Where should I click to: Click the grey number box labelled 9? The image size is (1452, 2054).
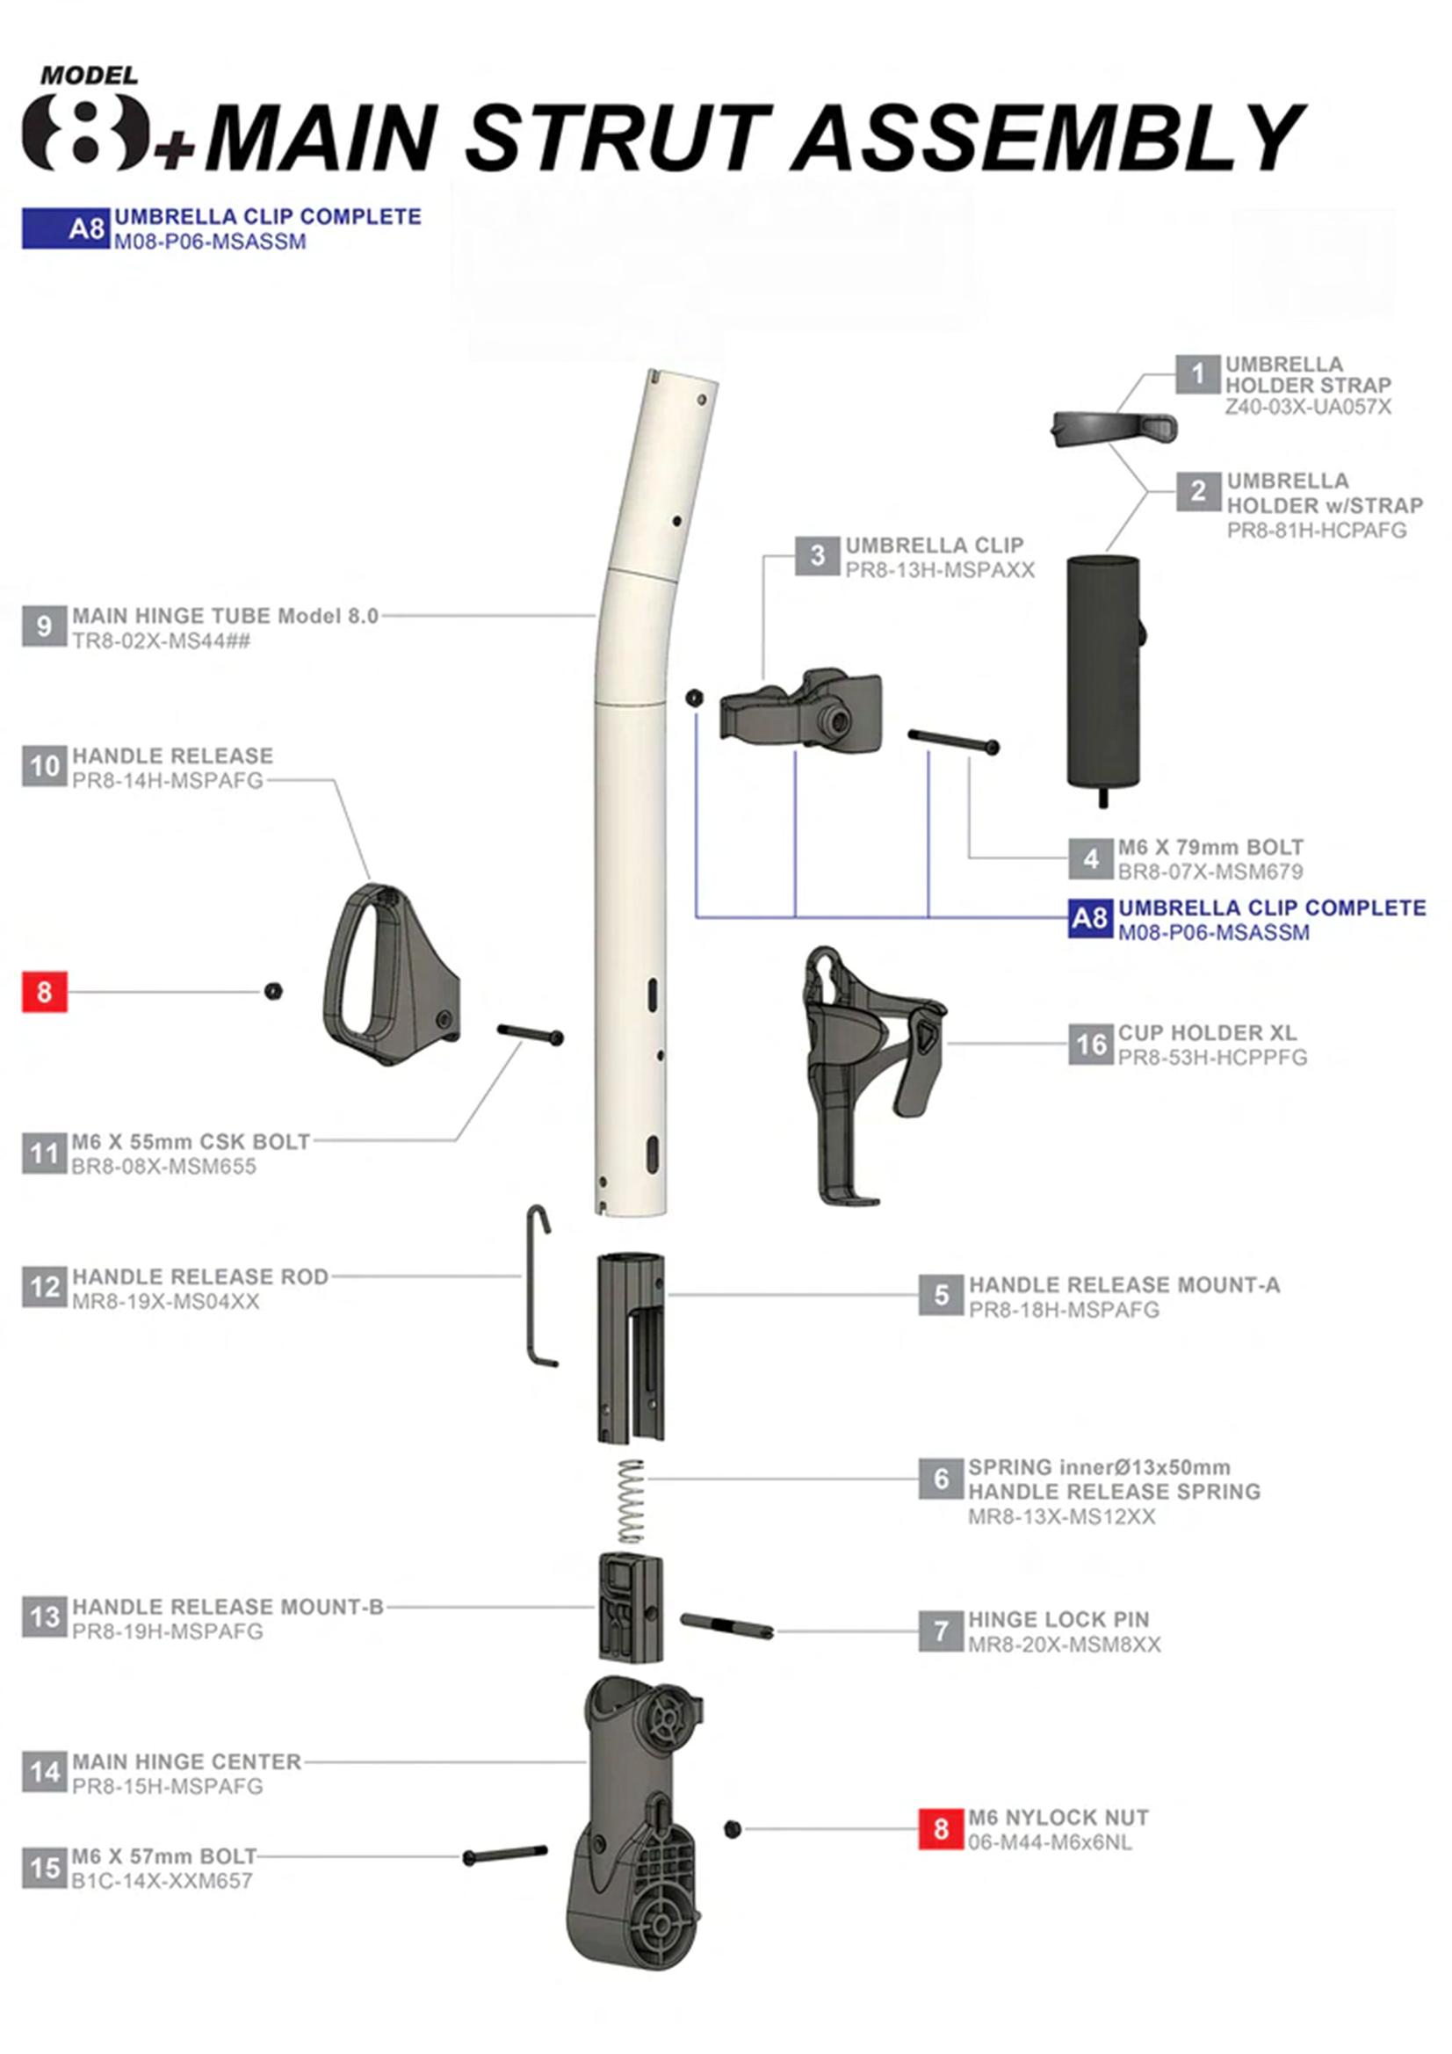tap(44, 626)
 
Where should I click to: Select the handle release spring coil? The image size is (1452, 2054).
tap(632, 1502)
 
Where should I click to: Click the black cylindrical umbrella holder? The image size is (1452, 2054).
tap(1103, 667)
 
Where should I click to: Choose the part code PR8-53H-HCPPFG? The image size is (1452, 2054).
tap(1212, 1058)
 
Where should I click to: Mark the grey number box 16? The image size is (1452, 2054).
tap(1091, 1044)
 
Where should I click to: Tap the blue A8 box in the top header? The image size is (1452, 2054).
tap(66, 228)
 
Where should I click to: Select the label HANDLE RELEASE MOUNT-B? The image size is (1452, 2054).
tap(228, 1607)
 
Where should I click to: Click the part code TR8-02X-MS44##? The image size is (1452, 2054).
tap(161, 640)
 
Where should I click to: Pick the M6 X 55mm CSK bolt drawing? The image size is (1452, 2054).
tap(531, 1035)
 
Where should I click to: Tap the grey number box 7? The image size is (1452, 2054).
tap(940, 1631)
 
